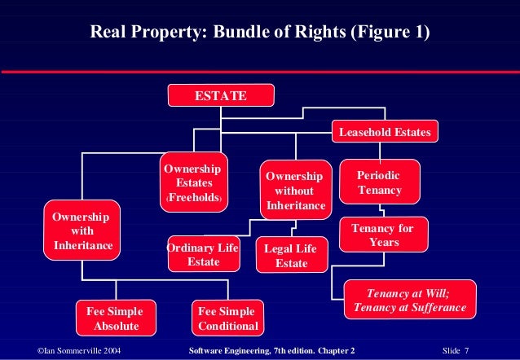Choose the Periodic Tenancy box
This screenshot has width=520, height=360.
pos(379,182)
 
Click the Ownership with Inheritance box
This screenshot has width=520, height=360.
pos(82,230)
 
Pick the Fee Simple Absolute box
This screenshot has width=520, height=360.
pos(115,319)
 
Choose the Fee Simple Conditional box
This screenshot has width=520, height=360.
pos(227,319)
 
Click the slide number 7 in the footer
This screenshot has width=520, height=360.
pos(488,349)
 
